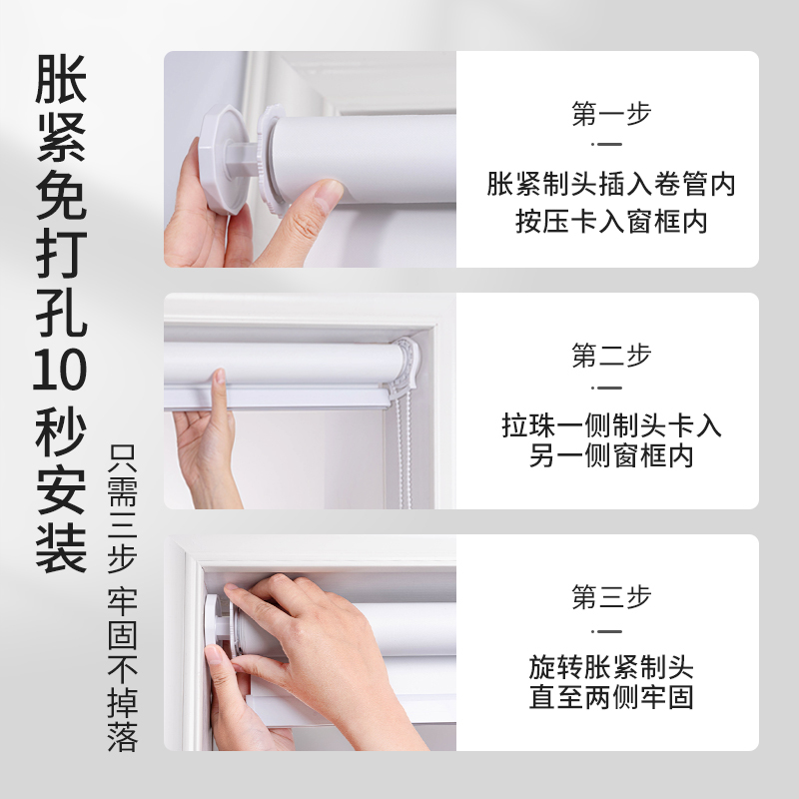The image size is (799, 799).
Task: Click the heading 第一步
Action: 611,114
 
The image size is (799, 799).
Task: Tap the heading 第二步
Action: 611,356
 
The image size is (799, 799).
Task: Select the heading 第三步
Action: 611,597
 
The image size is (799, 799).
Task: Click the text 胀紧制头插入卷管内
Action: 611,185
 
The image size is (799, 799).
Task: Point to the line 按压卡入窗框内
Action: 611,221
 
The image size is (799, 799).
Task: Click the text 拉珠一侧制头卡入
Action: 611,426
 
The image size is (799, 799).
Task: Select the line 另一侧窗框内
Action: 611,456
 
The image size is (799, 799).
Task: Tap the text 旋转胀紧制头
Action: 611,666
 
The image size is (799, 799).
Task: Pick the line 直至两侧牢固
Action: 611,697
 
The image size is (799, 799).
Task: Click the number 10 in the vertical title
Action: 61,372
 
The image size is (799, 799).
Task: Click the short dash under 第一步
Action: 610,146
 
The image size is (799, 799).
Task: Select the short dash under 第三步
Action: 610,631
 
